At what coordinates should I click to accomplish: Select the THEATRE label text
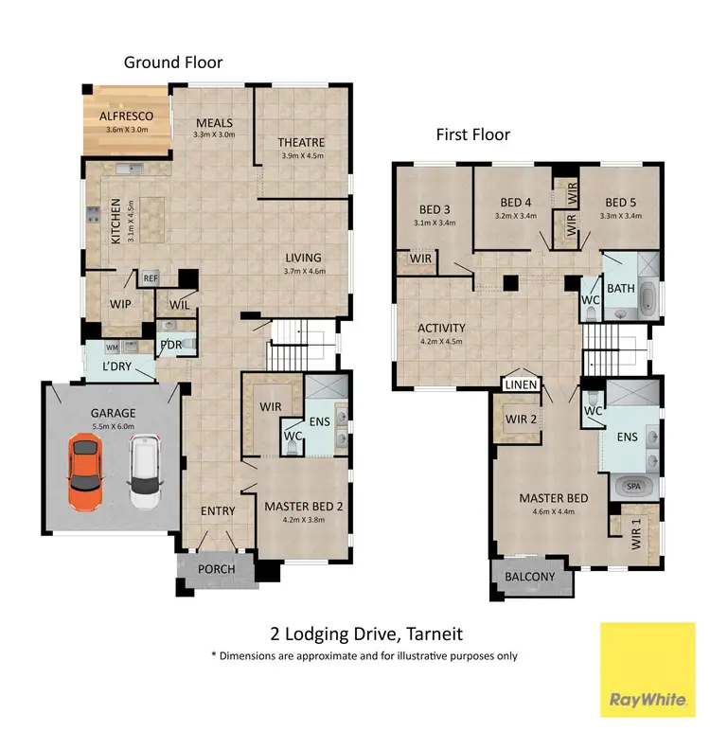tap(301, 143)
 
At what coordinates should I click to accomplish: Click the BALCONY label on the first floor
tap(530, 577)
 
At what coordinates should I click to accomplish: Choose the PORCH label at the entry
tap(216, 569)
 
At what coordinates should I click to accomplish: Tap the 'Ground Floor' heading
tap(173, 62)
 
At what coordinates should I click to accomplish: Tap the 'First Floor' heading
tap(472, 134)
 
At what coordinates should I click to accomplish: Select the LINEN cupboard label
tap(523, 384)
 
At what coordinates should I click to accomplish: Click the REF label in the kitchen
tap(151, 278)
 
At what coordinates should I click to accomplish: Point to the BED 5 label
tap(622, 202)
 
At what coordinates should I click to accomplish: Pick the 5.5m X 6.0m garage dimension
tap(114, 427)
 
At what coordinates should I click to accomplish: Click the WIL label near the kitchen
tap(180, 304)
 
